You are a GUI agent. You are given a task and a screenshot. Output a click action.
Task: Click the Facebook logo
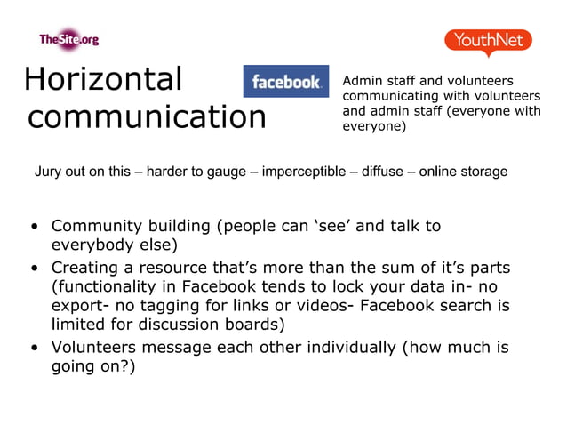[285, 82]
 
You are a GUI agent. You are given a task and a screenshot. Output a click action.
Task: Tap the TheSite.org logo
[68, 39]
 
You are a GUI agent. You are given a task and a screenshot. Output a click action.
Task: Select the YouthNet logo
[488, 41]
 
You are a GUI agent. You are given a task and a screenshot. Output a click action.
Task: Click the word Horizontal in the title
[102, 79]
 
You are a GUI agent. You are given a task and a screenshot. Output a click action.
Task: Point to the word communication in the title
[147, 117]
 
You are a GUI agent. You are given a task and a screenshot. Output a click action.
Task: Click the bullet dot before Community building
[34, 227]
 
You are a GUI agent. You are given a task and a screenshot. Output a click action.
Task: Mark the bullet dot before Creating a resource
[34, 268]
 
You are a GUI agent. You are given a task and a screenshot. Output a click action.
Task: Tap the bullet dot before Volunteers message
[34, 348]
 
